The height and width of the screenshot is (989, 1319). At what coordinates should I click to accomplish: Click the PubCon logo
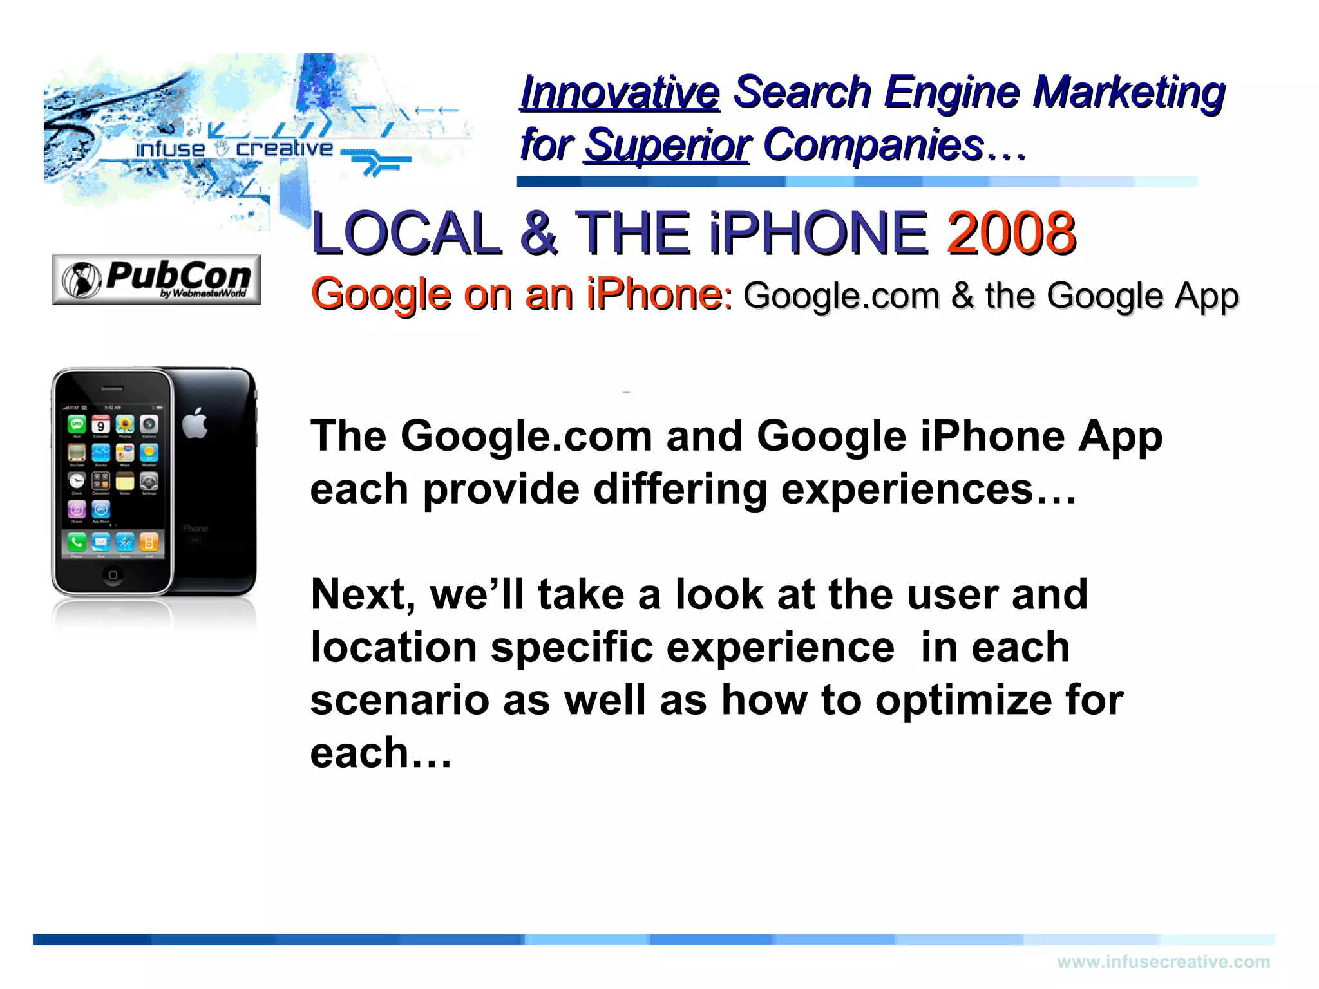[x=157, y=279]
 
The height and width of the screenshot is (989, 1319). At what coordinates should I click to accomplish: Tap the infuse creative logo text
[x=234, y=149]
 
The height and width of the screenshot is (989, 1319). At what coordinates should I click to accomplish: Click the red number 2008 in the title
[x=1011, y=232]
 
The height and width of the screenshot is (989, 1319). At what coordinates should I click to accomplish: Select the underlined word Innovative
[x=620, y=92]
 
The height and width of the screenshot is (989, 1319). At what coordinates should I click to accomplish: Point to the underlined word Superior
[x=667, y=146]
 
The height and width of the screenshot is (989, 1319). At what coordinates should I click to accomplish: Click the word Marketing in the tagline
[x=1128, y=92]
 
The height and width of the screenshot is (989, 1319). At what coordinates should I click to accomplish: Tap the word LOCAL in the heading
[x=406, y=232]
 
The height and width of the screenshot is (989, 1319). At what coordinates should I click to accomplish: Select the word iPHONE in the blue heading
[x=818, y=232]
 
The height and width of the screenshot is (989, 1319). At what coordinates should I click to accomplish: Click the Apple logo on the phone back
[x=195, y=423]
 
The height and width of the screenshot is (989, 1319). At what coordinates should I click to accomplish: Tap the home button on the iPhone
[x=113, y=575]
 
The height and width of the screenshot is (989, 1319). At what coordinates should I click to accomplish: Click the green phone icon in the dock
[x=77, y=542]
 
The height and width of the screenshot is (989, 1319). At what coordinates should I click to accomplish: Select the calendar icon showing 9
[x=101, y=425]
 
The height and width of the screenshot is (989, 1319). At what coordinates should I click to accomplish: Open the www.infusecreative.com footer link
[x=1163, y=962]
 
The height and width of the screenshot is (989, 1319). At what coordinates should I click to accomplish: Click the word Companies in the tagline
[x=874, y=146]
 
